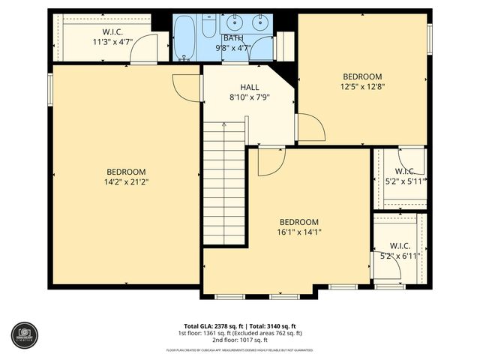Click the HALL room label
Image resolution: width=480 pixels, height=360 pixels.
tap(249, 87)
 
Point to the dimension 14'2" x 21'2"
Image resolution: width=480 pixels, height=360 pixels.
tap(125, 181)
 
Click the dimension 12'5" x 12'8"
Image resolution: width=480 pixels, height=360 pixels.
tap(362, 86)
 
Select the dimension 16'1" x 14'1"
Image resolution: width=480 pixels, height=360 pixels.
tap(298, 232)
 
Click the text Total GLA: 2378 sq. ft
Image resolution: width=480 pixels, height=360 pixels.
tap(207, 325)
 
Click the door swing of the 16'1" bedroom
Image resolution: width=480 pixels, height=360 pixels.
tap(270, 161)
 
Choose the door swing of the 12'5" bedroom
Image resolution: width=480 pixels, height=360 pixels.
tap(310, 127)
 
